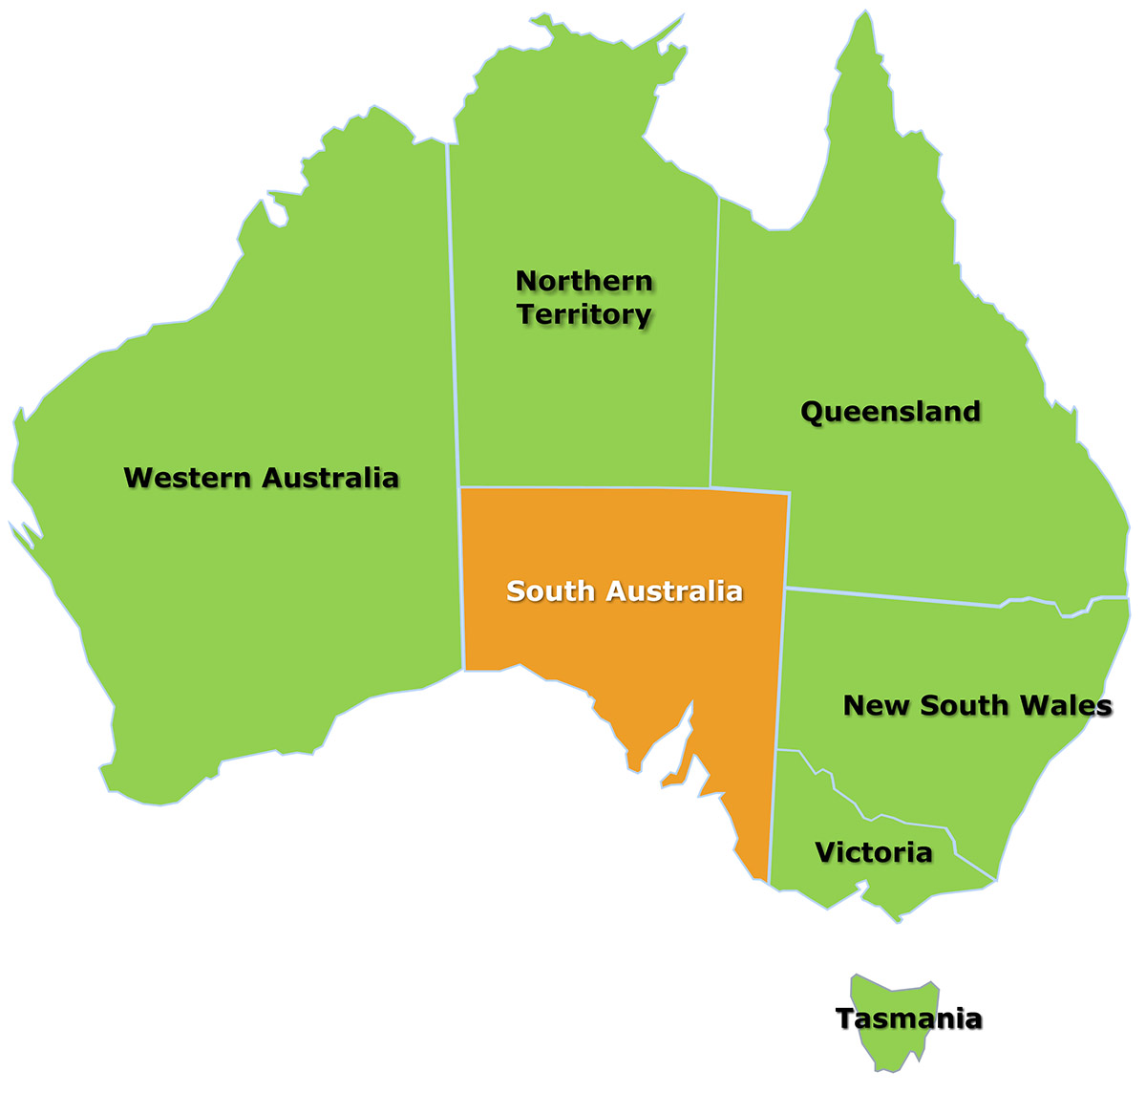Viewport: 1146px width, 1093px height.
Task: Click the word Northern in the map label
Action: (584, 281)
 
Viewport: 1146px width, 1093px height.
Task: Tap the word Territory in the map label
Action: (584, 314)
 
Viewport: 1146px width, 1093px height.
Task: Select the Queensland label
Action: (890, 412)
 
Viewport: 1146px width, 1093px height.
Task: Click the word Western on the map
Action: (188, 478)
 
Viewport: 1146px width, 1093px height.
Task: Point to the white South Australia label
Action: (625, 591)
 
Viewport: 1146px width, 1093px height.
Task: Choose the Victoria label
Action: (873, 852)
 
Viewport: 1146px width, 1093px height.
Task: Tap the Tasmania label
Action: (908, 1019)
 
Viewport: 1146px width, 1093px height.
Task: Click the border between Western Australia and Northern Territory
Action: (454, 315)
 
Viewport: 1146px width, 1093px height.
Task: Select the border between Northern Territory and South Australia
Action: (583, 488)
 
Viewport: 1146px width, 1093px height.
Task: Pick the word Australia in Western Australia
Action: (329, 478)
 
